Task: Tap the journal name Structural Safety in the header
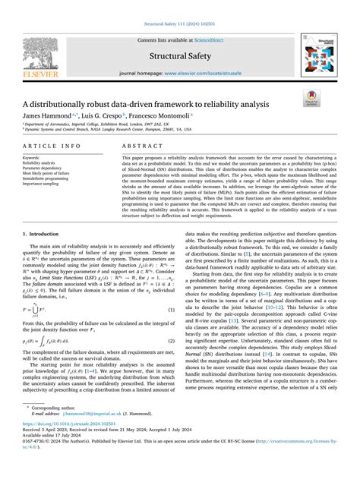point(179,55)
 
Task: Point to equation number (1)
point(172,331)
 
